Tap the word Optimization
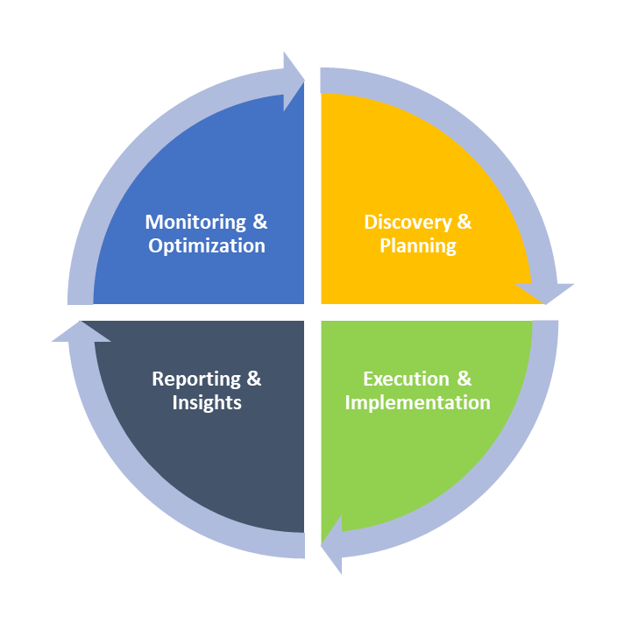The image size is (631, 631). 207,245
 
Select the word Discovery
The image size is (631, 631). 406,222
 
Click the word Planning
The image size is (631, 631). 418,245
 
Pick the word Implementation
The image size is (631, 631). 418,402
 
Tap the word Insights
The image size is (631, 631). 207,402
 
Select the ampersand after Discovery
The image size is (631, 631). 464,222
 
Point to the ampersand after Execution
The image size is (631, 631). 464,379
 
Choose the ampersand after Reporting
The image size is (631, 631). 253,379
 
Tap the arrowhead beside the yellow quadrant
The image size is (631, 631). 545,292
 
